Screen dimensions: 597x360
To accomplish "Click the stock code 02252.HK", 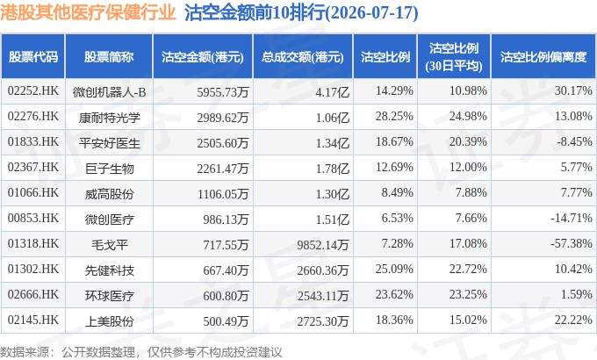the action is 33,91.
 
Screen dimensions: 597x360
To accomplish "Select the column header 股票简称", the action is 109,57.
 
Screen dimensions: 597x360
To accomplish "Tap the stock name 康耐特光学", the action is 109,118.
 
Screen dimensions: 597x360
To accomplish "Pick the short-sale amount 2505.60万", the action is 223,143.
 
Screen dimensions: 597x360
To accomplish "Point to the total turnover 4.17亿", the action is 333,92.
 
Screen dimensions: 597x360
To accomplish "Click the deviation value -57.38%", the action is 572,243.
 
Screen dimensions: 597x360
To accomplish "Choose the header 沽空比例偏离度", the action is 543,57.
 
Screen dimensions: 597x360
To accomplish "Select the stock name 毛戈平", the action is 109,245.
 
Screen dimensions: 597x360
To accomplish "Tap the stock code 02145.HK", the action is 33,320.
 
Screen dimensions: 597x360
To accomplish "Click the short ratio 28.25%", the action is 394,116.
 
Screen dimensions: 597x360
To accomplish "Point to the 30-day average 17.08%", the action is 468,243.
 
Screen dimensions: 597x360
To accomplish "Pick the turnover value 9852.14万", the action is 323,245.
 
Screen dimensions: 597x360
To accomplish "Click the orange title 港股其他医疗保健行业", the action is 88,12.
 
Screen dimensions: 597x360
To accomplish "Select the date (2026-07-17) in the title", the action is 371,13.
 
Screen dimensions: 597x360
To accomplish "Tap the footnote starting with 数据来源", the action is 140,352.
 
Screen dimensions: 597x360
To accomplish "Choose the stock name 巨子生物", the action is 109,169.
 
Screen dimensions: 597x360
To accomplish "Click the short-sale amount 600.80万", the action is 226,296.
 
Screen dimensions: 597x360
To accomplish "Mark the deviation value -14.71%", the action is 572,218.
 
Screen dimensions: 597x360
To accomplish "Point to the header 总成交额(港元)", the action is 303,57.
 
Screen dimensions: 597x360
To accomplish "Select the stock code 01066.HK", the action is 33,193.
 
